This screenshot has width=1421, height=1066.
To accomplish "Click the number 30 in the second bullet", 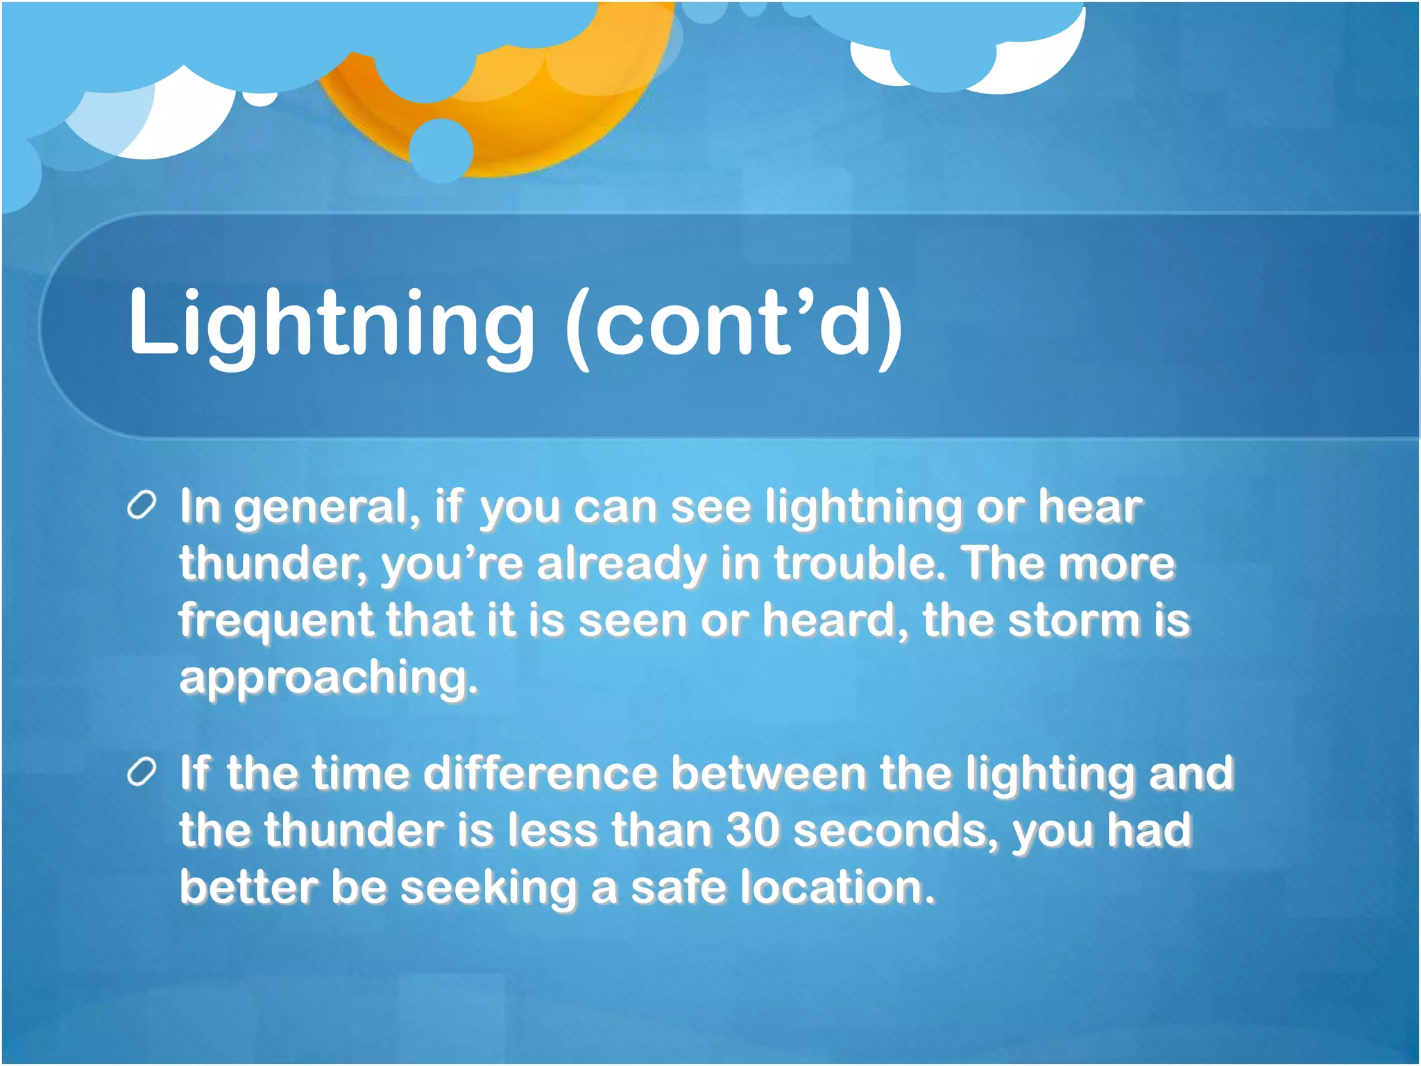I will click(752, 830).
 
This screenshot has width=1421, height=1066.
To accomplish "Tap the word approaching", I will click(328, 677).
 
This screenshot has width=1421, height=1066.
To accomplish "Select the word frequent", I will click(275, 620).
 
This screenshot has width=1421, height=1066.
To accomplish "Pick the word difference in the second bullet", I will click(540, 773).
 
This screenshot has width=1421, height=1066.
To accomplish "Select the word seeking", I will click(488, 888).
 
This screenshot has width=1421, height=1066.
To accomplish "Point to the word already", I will click(621, 564).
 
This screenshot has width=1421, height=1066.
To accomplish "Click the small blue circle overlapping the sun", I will click(441, 149).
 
